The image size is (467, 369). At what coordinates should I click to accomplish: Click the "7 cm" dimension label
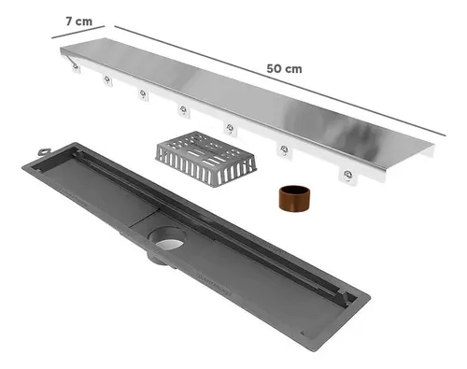coord(79,21)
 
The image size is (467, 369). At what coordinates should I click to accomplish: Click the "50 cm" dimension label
coord(284,69)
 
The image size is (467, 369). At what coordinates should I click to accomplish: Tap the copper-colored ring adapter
coord(294,199)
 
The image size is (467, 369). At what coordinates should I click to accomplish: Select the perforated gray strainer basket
coord(205,159)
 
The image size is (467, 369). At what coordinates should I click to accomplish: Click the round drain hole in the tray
coord(167,238)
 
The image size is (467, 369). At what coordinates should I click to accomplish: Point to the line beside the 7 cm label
coord(78,32)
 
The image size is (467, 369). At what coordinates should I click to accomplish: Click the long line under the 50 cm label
coord(280,80)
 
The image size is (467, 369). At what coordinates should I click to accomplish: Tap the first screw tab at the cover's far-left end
coord(76,67)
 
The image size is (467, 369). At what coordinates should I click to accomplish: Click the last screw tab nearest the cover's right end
coord(348,176)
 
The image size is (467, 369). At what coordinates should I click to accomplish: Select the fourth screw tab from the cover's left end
coord(184,110)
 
